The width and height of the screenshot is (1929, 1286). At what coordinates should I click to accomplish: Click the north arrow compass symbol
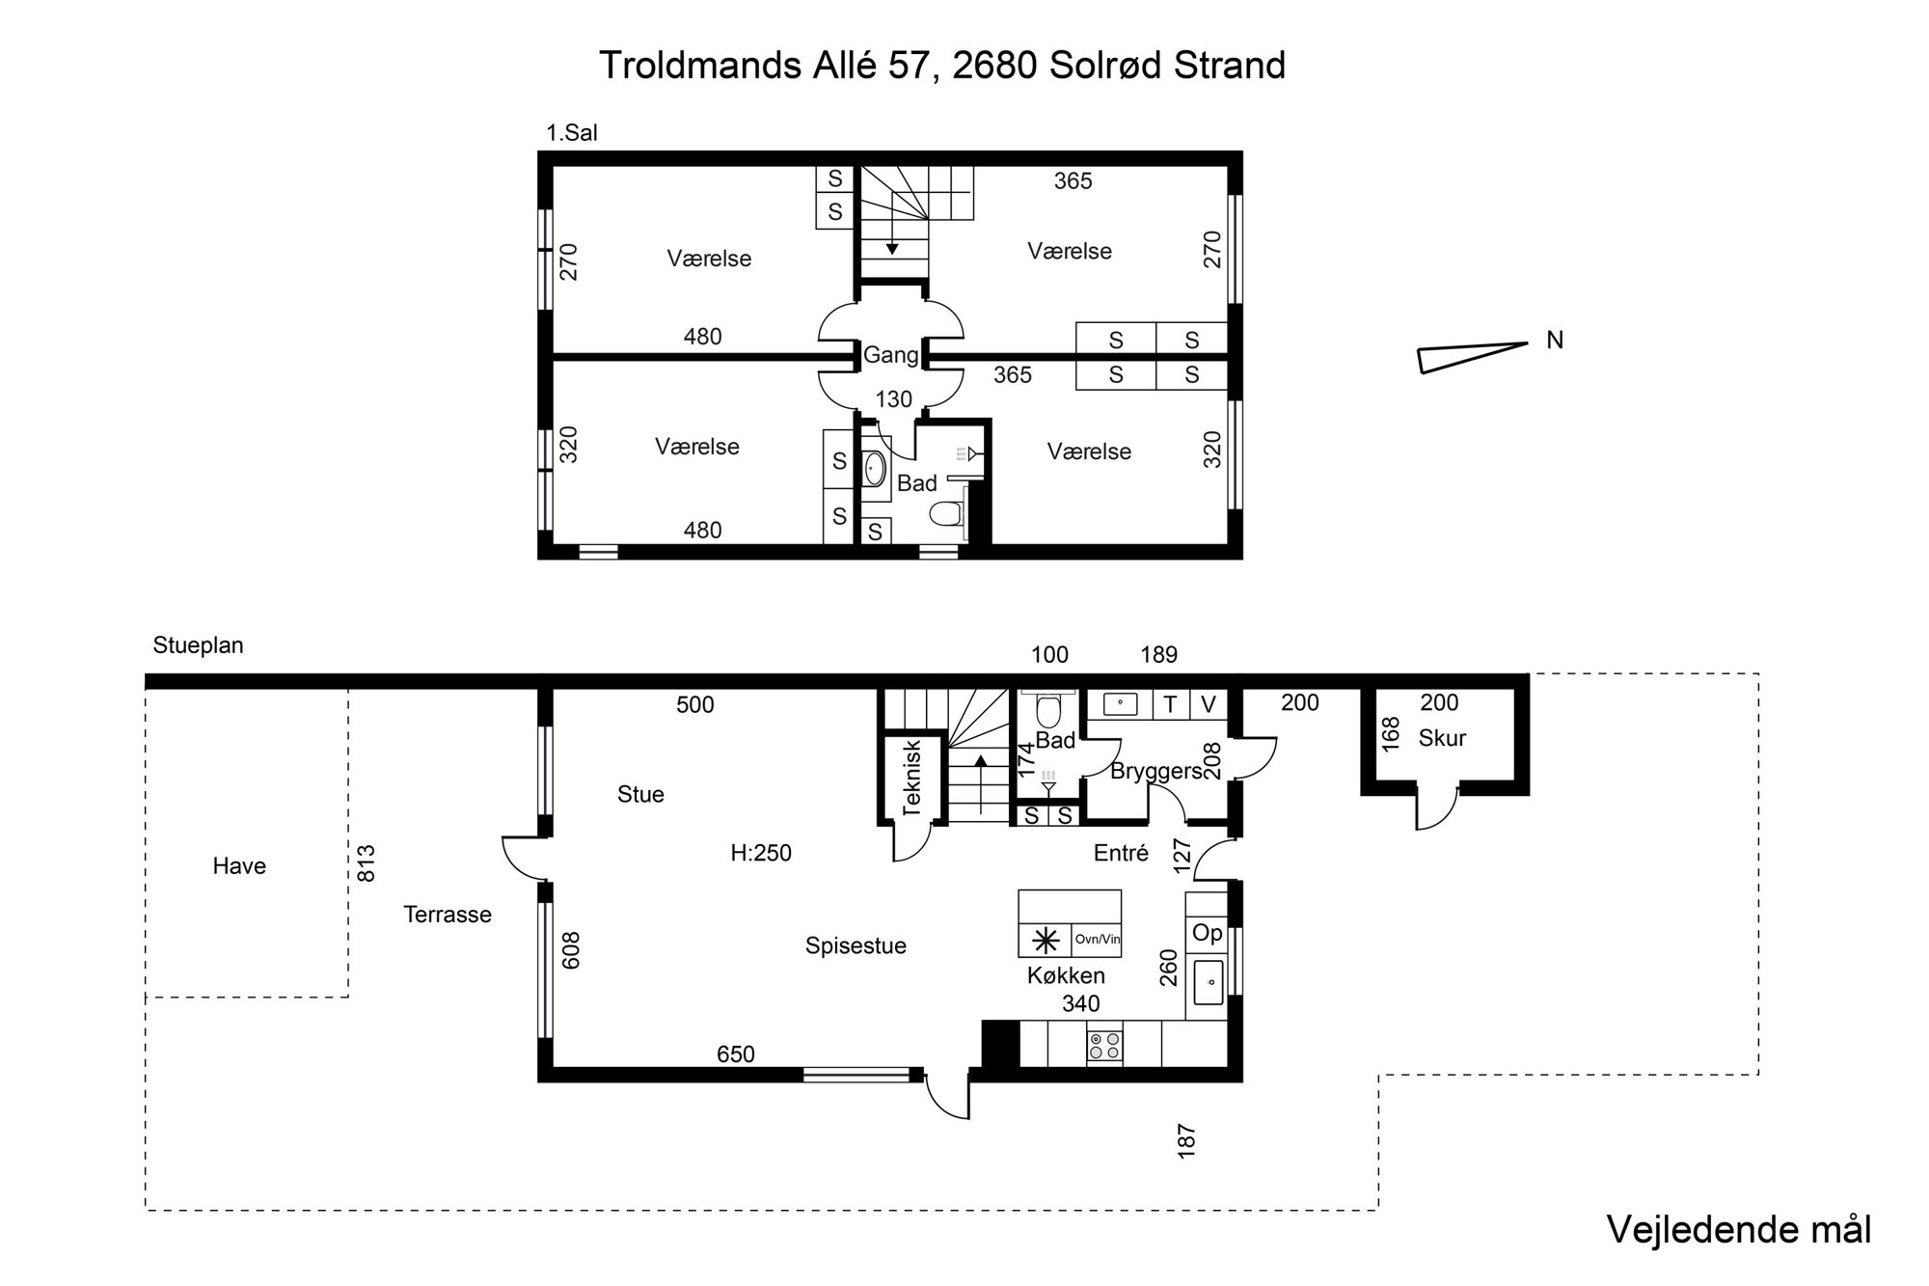point(1473,357)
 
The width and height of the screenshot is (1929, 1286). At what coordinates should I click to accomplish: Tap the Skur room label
point(1442,738)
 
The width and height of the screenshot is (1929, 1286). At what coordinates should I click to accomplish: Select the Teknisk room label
point(912,778)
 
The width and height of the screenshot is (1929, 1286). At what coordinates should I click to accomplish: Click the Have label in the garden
point(239,866)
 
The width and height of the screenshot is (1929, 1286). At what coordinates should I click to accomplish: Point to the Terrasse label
point(448,915)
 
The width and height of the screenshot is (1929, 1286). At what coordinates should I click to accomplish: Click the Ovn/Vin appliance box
point(1096,940)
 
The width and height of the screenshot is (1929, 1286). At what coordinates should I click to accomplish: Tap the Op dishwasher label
point(1207,933)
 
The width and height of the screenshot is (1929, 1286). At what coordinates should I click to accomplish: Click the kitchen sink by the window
point(1208,983)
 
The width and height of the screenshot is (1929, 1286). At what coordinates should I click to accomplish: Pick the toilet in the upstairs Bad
point(947,514)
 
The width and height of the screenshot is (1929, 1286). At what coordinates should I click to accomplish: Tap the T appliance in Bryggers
point(1170,705)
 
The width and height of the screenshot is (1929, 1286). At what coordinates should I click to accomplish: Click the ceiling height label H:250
point(761,853)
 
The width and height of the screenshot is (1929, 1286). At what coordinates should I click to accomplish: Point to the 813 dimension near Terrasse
point(367,863)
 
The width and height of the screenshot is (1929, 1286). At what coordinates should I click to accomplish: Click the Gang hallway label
point(890,355)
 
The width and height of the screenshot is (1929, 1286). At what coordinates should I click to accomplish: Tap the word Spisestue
point(856,946)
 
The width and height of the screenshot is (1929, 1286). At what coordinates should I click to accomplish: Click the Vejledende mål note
point(1739,1230)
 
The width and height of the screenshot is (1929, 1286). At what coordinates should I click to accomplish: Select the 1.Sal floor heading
point(572,133)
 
